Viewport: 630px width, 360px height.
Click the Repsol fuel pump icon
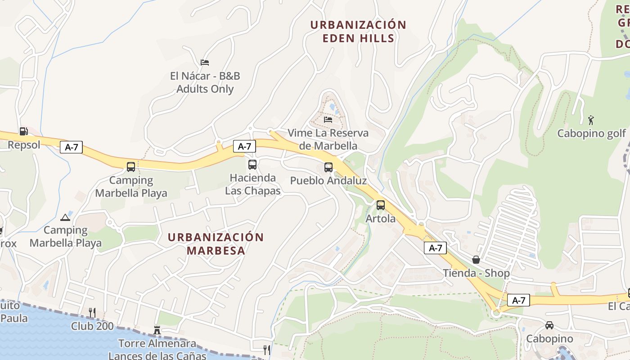point(23,131)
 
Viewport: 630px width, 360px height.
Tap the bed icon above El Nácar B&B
point(205,63)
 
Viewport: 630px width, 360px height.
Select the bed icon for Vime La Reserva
point(328,120)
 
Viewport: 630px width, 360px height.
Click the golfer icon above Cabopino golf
point(591,120)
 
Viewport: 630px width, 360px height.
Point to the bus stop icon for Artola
point(381,205)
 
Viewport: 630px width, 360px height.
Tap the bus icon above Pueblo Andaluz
point(328,167)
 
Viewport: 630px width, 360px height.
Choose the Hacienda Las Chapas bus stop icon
point(252,165)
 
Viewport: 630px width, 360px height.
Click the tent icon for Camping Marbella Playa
point(65,217)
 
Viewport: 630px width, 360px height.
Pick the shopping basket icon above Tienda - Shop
point(476,260)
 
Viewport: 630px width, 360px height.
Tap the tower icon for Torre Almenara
point(157,330)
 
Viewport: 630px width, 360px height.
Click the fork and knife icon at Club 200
point(92,312)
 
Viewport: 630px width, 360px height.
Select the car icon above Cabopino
point(549,325)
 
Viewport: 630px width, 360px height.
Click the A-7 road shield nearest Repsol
point(71,147)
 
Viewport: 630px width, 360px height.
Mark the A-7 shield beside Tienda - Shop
point(435,247)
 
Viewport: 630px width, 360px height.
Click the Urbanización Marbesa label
point(216,244)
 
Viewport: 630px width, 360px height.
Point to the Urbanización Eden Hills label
point(358,31)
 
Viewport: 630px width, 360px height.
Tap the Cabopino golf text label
point(591,134)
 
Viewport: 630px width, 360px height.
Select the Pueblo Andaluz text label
point(328,181)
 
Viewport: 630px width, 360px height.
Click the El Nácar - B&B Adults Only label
point(205,82)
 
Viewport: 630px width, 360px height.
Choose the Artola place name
point(381,219)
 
